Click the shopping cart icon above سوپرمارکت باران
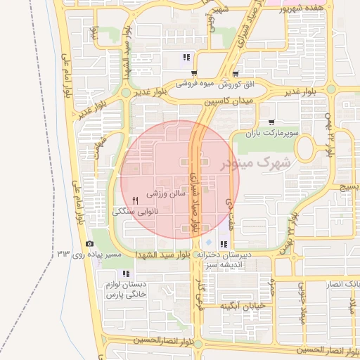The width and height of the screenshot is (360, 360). [271, 122]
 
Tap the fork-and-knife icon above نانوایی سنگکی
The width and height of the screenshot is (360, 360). [135, 200]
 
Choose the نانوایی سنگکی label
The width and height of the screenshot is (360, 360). [136, 211]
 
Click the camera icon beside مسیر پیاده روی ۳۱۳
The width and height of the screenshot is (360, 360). [89, 243]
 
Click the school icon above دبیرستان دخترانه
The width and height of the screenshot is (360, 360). [224, 244]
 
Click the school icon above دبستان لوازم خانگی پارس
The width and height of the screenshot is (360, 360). [126, 274]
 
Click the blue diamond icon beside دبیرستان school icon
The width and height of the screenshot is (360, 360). [208, 243]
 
